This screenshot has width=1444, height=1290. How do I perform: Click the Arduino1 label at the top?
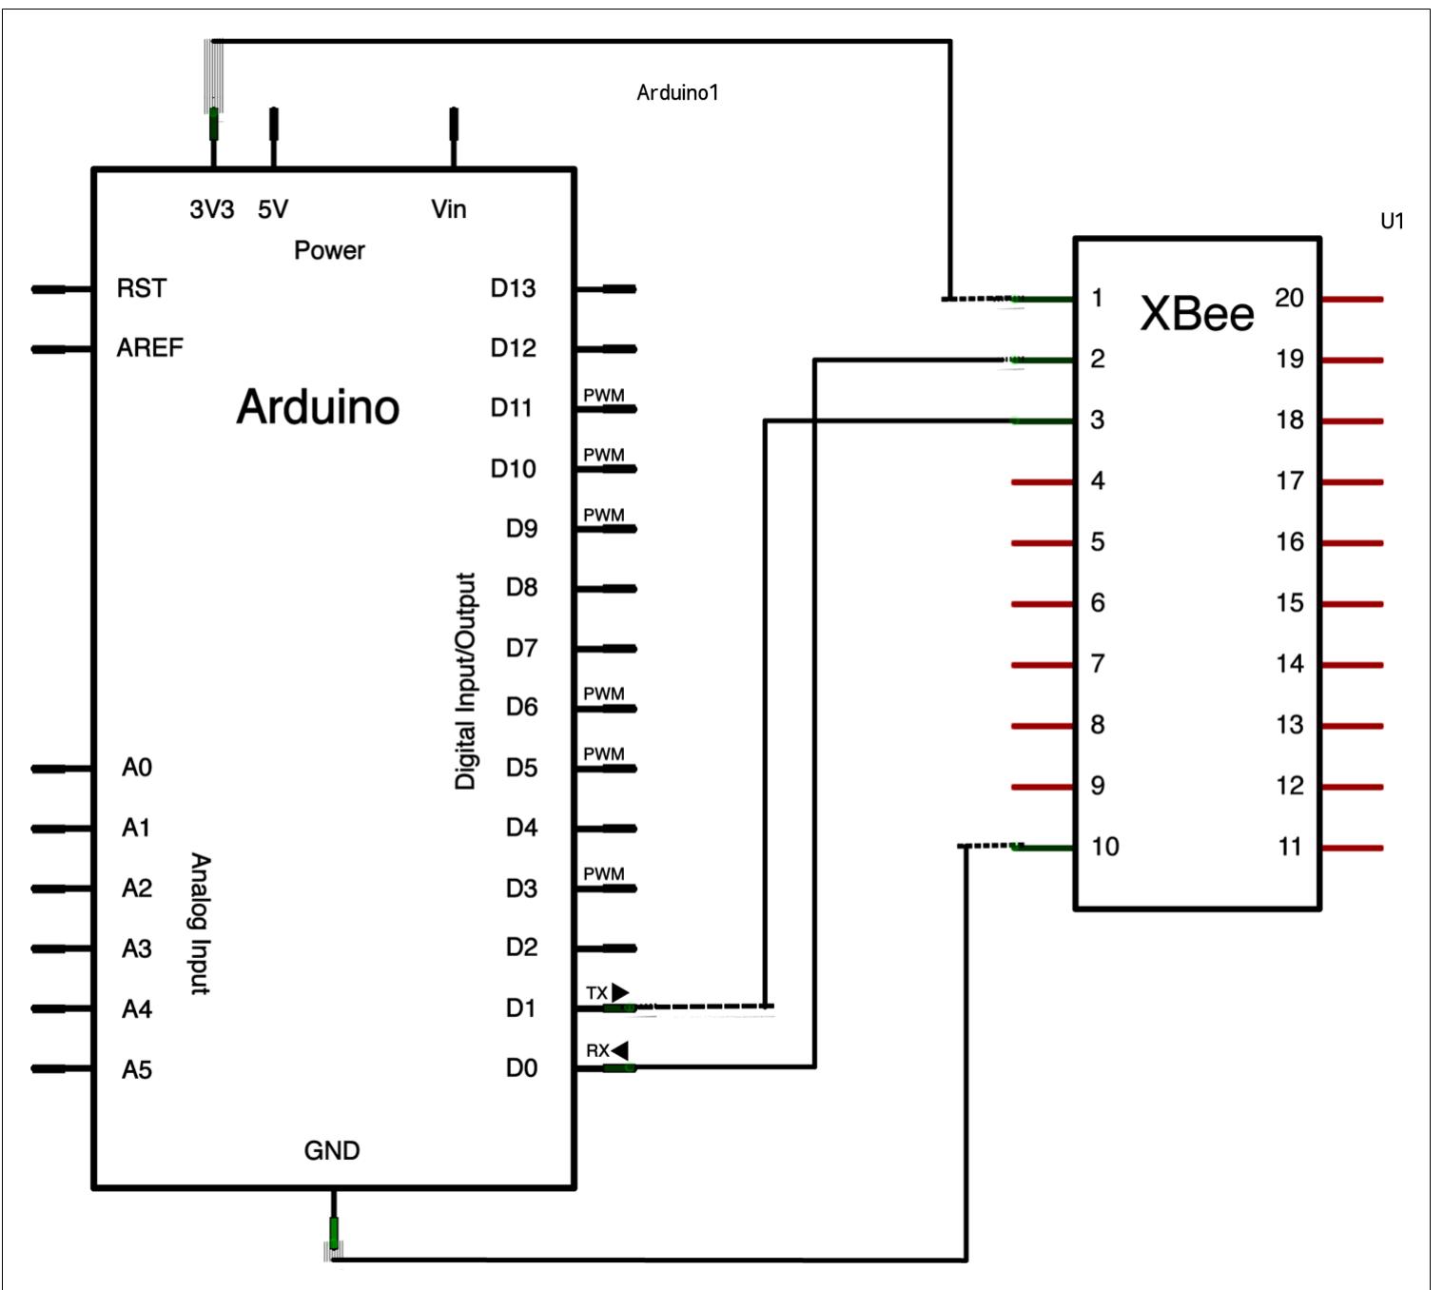pos(677,92)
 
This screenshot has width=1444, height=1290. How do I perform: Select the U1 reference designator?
pos(1392,222)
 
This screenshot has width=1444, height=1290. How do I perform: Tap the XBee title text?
pos(1197,313)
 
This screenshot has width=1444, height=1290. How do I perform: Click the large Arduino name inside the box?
pos(318,407)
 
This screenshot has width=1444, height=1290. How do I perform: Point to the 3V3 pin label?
pos(211,209)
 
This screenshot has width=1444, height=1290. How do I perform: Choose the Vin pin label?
pos(448,209)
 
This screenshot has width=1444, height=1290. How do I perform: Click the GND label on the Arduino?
pos(331,1150)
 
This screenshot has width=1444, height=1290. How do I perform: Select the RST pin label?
pos(141,288)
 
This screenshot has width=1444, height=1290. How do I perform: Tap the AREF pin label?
pos(149,348)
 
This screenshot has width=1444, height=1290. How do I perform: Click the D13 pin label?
pos(513,288)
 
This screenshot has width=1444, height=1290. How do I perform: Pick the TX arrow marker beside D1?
pos(620,992)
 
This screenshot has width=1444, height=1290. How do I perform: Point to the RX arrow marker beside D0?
pos(619,1050)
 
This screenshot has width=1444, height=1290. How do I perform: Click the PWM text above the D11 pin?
pos(604,395)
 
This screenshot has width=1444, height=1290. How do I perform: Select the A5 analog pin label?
pos(136,1070)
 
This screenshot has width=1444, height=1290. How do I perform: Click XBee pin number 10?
pos(1104,847)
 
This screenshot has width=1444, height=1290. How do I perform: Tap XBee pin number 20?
pos(1289,298)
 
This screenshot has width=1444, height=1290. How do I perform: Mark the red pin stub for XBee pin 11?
pos(1352,848)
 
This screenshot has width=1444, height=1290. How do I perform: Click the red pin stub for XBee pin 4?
pos(1043,482)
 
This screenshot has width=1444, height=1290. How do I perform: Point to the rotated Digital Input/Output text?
pos(465,681)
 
